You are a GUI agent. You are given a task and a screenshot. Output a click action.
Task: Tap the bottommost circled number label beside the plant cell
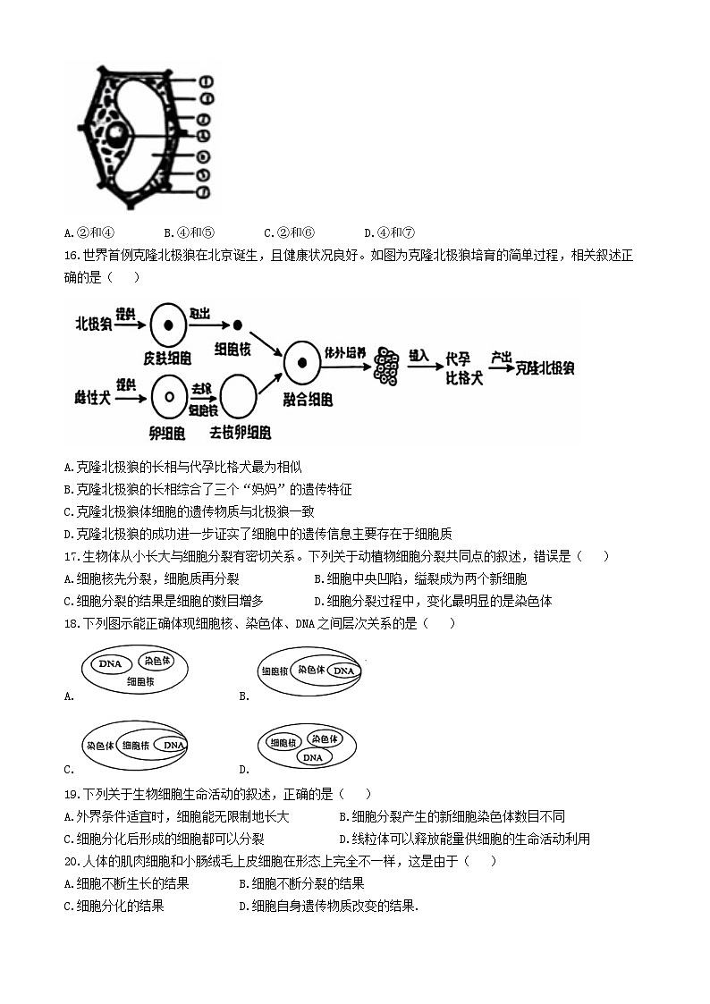coord(205,192)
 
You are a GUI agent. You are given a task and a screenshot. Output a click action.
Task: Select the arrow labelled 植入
coord(420,366)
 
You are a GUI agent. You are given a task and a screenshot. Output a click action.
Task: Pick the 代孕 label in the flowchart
coord(458,359)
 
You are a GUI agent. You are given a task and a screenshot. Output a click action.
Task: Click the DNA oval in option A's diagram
coord(110,664)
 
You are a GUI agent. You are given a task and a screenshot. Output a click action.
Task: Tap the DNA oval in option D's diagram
coord(312,757)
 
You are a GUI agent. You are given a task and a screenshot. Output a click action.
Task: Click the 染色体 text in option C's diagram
coord(99,745)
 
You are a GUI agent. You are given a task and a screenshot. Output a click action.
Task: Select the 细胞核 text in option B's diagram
coord(274,671)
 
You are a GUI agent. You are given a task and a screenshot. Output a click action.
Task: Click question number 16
coord(72,256)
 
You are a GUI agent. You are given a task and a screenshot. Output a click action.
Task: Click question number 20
coord(72,861)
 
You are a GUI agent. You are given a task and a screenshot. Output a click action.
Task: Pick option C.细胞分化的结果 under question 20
coord(114,906)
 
